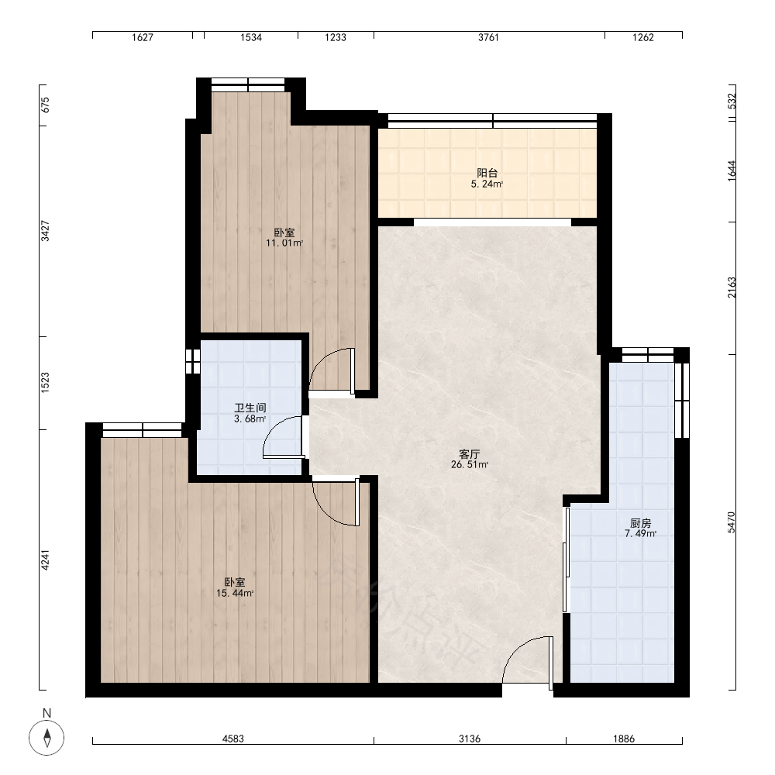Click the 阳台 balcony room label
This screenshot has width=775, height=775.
coord(487,173)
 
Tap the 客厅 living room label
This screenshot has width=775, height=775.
coord(469,453)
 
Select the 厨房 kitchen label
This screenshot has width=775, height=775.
coord(641,523)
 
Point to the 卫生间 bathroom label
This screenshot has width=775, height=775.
coord(250,408)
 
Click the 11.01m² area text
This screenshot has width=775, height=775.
coord(284,243)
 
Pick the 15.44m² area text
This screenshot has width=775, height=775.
coord(235,593)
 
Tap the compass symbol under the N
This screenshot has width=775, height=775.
coord(47,738)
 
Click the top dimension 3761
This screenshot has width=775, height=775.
coord(488,37)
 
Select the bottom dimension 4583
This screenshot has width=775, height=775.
coord(232,739)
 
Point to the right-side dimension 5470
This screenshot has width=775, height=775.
coord(732,522)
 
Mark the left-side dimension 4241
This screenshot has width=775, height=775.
coord(45,560)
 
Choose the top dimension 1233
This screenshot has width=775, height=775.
coord(335,37)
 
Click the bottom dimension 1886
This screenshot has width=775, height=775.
coord(624,739)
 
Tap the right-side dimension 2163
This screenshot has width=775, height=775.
coord(732,288)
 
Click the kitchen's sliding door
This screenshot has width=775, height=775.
coord(566,560)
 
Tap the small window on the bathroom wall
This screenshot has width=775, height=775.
coord(193,361)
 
